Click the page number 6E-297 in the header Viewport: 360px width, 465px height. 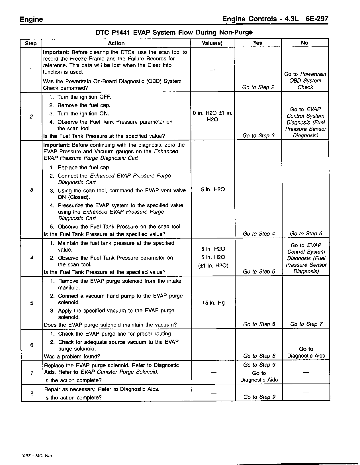[317, 19]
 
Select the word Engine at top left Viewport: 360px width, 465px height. [31, 19]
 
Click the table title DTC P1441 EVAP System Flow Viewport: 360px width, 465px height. [174, 32]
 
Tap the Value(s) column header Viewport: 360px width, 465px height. [212, 43]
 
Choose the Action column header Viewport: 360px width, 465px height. [116, 43]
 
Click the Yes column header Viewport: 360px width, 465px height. [257, 43]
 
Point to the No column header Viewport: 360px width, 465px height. [304, 43]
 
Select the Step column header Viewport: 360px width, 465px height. [31, 43]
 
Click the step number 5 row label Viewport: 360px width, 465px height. [32, 303]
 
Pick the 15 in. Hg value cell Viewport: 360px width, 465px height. [213, 303]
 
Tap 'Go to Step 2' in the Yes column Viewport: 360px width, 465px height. [258, 87]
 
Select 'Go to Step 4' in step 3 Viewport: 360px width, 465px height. [259, 234]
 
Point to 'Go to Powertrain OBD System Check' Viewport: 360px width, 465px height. [305, 81]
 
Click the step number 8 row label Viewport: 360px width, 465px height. [32, 393]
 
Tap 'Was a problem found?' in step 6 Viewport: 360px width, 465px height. [72, 356]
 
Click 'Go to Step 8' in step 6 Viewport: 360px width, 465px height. [259, 356]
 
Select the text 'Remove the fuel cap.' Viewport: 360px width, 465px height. [84, 105]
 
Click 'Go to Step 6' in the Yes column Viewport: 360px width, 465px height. [259, 324]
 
